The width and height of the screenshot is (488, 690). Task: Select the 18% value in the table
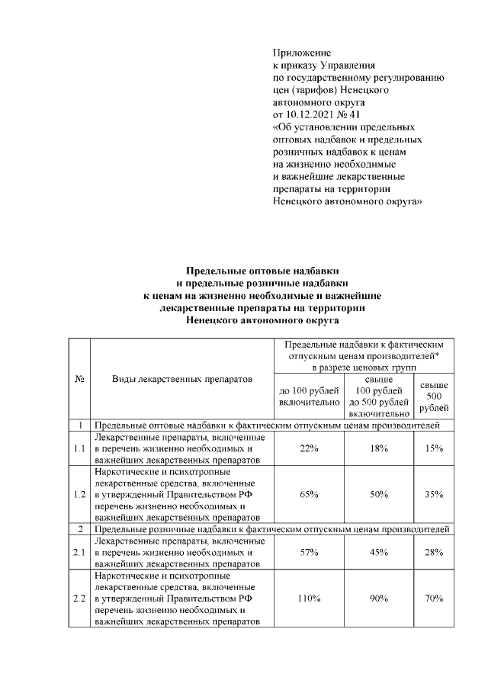point(379,448)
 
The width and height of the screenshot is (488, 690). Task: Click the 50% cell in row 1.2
point(379,494)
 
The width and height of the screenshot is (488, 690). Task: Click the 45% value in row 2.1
point(379,551)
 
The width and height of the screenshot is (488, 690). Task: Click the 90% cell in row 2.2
point(379,599)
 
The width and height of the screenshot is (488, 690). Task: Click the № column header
point(79,378)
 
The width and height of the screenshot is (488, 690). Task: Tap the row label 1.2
point(79,494)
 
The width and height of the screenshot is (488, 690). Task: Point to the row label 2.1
point(79,551)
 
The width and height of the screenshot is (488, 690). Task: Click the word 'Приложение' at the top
point(301,53)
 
